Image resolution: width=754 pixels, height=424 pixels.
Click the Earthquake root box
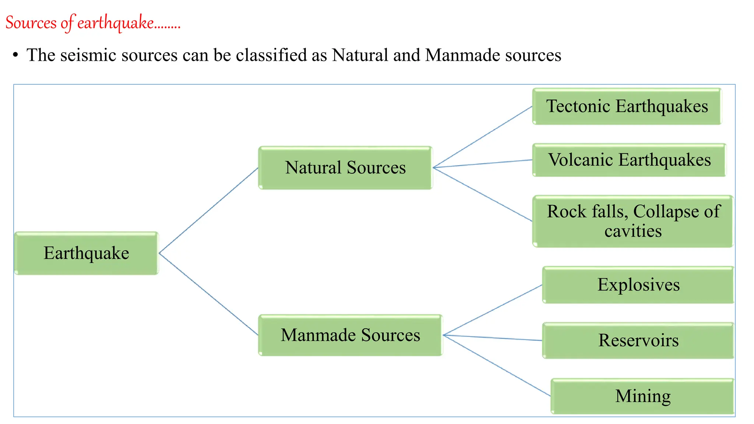click(87, 253)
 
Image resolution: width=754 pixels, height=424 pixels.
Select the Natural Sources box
click(345, 168)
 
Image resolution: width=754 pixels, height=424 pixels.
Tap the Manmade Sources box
click(350, 335)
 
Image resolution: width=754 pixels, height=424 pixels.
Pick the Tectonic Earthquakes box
click(627, 106)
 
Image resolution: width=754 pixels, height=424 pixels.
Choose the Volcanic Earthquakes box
click(629, 160)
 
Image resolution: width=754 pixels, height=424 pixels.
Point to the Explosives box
click(638, 285)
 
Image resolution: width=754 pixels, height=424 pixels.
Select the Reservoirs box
click(638, 340)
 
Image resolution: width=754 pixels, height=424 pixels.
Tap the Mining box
click(642, 396)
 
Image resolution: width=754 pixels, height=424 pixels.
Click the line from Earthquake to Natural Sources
click(208, 211)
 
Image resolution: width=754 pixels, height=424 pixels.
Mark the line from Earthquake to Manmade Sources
click(208, 294)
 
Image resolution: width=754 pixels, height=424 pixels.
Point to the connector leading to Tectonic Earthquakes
click(483, 137)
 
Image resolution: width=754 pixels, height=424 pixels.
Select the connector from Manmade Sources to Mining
click(497, 365)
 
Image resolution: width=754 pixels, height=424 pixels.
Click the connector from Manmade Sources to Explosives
click(493, 310)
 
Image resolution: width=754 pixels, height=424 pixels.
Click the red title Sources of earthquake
click(93, 23)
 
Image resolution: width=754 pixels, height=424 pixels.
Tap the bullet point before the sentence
click(15, 55)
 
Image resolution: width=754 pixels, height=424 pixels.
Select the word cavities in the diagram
click(633, 232)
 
